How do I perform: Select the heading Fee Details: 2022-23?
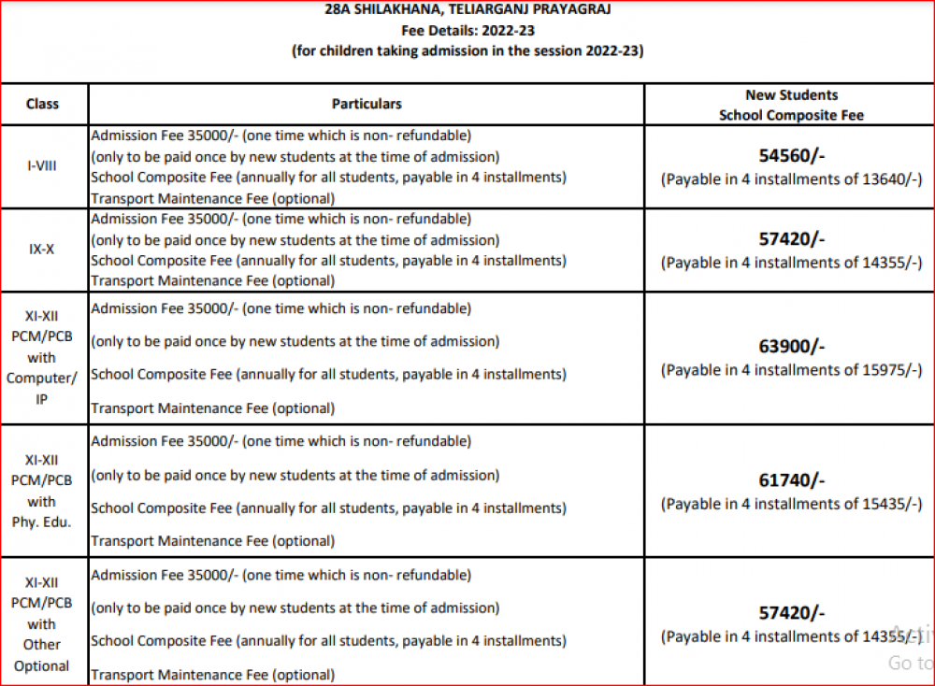pyautogui.click(x=467, y=31)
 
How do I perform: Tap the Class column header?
pyautogui.click(x=42, y=104)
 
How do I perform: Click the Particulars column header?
pyautogui.click(x=367, y=104)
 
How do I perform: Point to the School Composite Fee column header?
pyautogui.click(x=791, y=115)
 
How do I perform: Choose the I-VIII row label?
pyautogui.click(x=42, y=165)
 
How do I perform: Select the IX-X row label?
pyautogui.click(x=42, y=250)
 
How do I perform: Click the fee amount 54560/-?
pyautogui.click(x=791, y=155)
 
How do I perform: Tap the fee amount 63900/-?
pyautogui.click(x=791, y=347)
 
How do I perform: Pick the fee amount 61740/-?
pyautogui.click(x=791, y=480)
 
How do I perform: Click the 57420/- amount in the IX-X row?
pyautogui.click(x=791, y=238)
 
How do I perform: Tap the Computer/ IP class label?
pyautogui.click(x=42, y=388)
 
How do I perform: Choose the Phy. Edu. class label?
pyautogui.click(x=42, y=522)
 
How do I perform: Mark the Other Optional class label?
pyautogui.click(x=42, y=655)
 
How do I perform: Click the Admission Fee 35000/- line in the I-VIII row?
pyautogui.click(x=280, y=135)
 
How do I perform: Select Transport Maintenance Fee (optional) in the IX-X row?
pyautogui.click(x=211, y=279)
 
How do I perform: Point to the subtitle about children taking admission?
pyautogui.click(x=467, y=51)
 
